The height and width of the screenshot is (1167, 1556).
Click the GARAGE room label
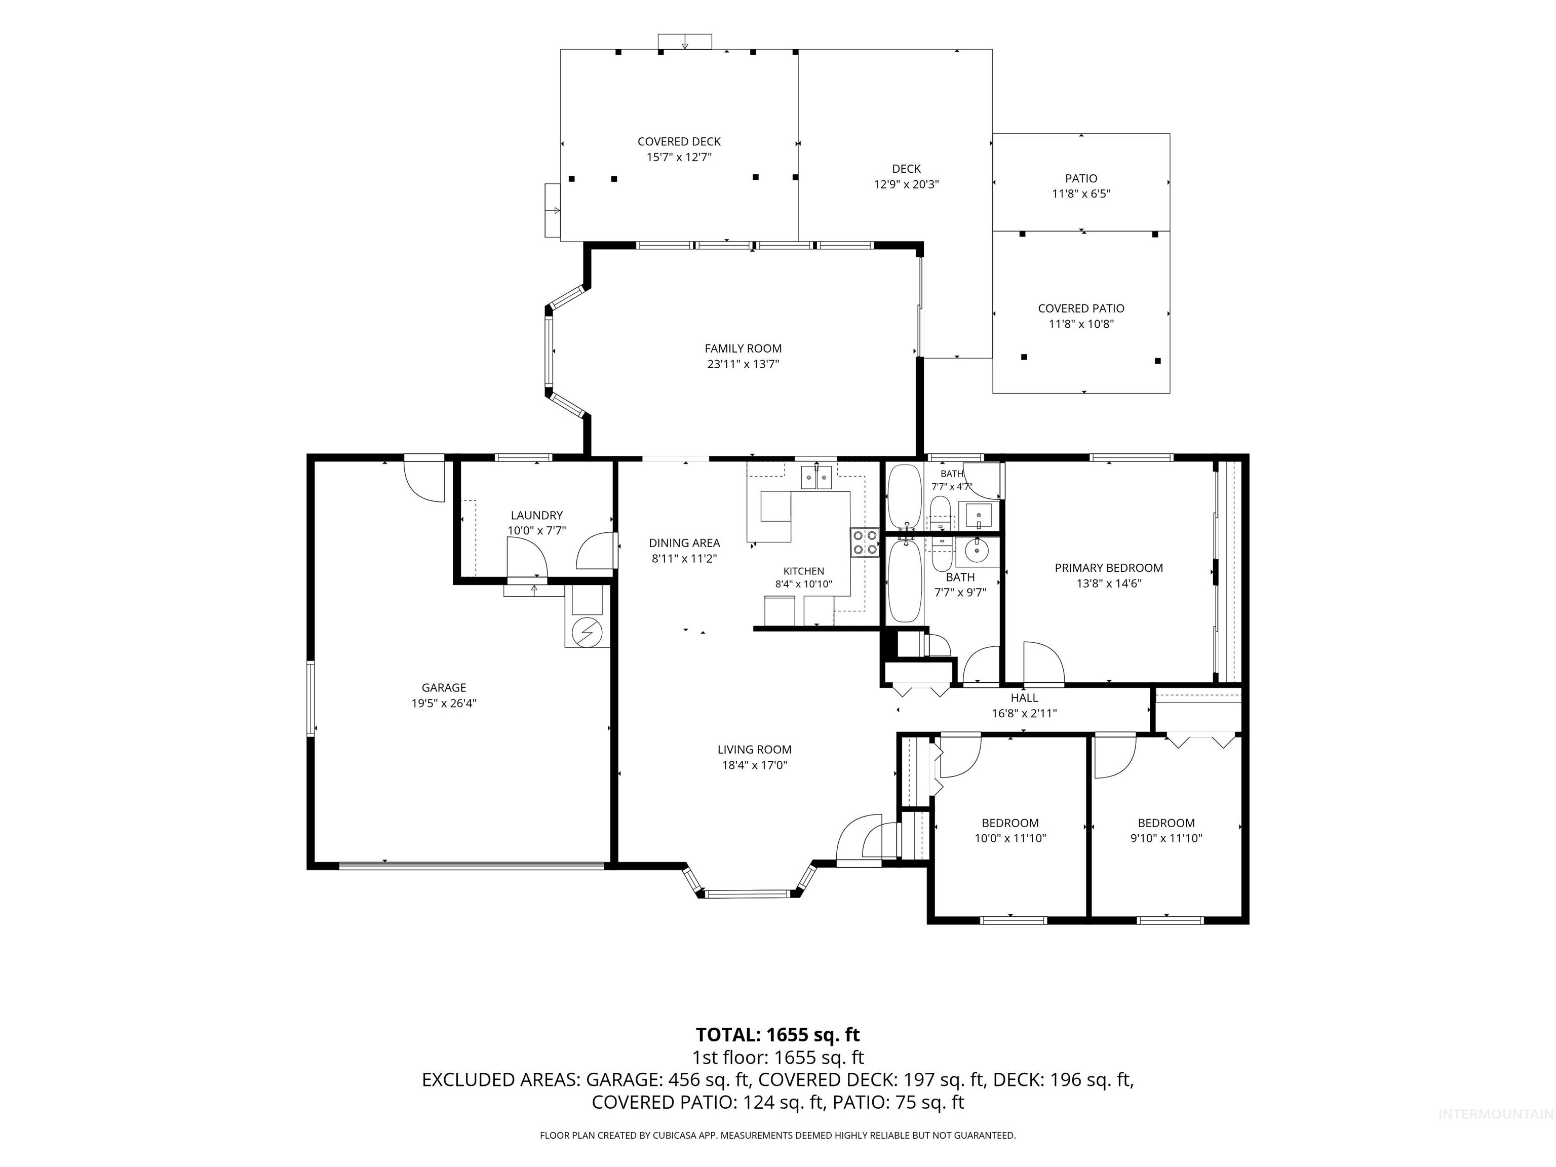[444, 687]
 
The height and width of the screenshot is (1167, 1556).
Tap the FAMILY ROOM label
[743, 348]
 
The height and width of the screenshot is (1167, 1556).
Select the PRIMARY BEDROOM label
[1109, 568]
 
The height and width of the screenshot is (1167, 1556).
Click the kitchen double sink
[816, 478]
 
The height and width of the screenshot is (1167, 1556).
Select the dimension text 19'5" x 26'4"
[444, 703]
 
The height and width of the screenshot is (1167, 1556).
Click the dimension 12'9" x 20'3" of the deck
[906, 184]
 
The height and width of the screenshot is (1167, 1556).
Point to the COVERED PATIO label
[1081, 308]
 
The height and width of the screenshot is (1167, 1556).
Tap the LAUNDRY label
[537, 516]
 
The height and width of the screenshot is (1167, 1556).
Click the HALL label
[1024, 698]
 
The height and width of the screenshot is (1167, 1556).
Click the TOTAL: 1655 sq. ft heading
[778, 1035]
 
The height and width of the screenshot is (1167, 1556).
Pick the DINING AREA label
[684, 543]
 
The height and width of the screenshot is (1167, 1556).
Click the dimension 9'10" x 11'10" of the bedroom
[1166, 838]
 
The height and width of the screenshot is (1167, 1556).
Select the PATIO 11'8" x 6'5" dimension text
[1081, 193]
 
